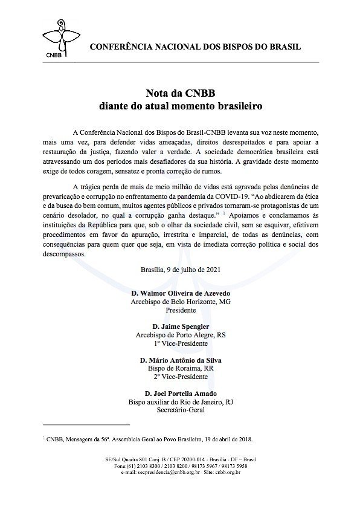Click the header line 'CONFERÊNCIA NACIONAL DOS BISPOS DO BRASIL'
[194, 47]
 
